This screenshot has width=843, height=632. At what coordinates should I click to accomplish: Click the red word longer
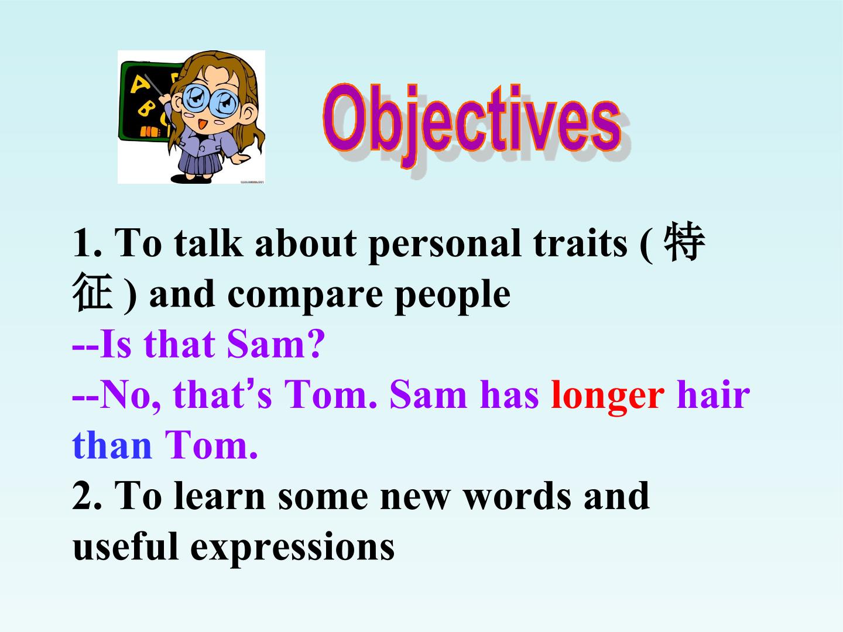coord(608,395)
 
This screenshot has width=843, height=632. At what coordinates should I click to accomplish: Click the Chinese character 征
coord(92,294)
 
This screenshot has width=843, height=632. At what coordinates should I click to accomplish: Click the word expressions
coord(292,548)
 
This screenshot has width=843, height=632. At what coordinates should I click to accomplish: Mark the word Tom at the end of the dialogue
coord(211,445)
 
